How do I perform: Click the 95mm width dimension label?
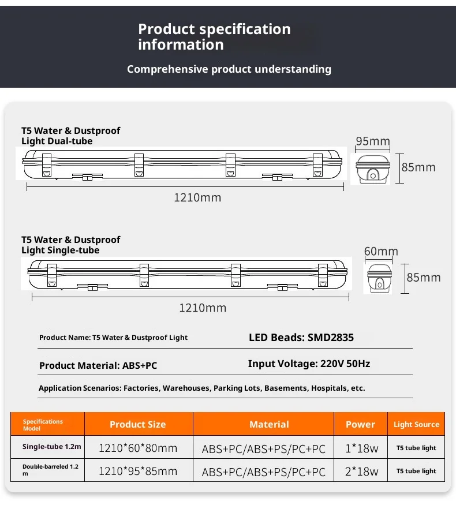372,141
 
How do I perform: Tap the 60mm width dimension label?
381,251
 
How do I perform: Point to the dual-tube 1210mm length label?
197,197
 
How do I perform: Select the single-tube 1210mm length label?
203,308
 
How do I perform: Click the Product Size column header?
138,424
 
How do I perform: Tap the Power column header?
360,424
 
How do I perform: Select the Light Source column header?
416,424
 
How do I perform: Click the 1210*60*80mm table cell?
138,448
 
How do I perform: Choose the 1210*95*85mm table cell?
138,471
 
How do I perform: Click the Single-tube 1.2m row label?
52,447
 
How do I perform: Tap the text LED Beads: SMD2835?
301,338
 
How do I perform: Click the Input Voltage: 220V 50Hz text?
309,364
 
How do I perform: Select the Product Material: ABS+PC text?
98,365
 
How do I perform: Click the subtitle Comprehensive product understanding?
229,69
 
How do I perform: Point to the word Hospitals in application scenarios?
329,388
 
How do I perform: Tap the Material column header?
269,424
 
